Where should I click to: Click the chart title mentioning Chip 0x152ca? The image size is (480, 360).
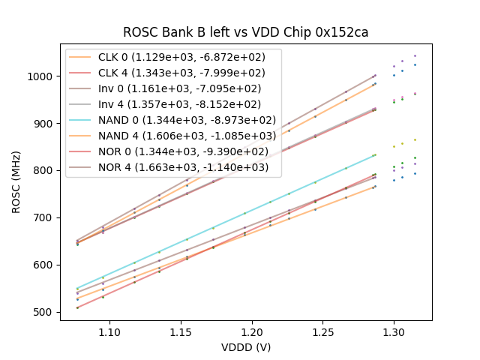click(x=246, y=33)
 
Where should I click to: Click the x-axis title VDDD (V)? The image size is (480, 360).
click(x=246, y=347)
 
